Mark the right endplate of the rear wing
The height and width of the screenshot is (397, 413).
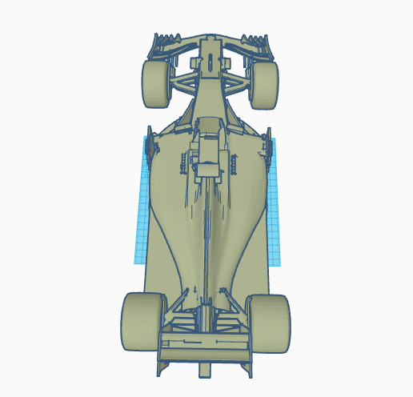251,352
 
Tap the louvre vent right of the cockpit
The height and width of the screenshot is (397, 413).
233,164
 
